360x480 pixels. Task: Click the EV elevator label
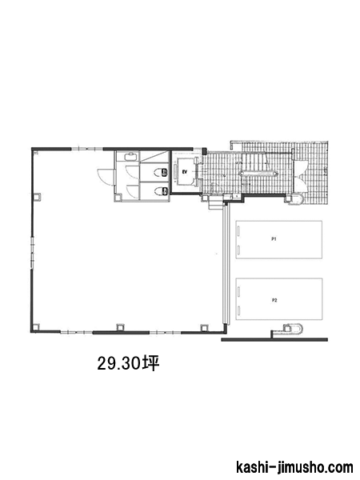(x=185, y=172)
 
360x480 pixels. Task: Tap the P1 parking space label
(x=274, y=239)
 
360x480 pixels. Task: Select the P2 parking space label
(x=274, y=300)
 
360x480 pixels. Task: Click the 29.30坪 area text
(x=129, y=363)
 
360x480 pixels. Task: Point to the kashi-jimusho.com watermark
(x=294, y=468)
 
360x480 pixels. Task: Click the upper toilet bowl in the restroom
(x=162, y=172)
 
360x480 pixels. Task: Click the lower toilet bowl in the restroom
(x=162, y=192)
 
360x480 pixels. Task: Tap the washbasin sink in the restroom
(x=132, y=157)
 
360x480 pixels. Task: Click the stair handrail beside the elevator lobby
(x=258, y=174)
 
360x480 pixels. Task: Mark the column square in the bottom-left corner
(x=35, y=327)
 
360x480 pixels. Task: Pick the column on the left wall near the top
(x=37, y=197)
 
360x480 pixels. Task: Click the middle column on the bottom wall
(x=120, y=327)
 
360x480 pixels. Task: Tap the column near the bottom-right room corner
(x=203, y=327)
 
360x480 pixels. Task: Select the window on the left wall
(x=32, y=253)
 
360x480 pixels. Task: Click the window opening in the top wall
(x=87, y=149)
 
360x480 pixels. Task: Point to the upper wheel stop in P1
(x=238, y=231)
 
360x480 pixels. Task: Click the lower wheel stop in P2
(x=238, y=310)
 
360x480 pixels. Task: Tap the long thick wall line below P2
(x=274, y=339)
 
